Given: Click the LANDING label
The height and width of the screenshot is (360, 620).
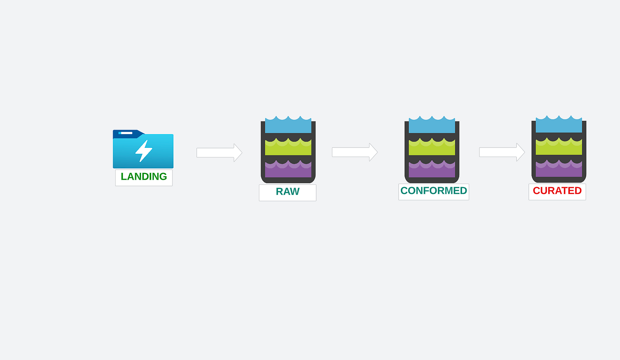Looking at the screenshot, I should pos(143,177).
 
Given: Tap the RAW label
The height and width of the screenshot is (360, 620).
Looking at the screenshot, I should pos(287,192).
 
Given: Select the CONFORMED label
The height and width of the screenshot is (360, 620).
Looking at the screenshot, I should pos(433,191).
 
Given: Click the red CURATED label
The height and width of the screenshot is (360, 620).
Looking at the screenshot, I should pos(557,191).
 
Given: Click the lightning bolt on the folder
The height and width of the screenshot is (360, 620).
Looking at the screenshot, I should pos(143,151).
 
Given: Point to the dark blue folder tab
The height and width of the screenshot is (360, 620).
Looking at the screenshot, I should pos(128,134).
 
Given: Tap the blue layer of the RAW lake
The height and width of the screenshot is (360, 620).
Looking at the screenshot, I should pos(288,126).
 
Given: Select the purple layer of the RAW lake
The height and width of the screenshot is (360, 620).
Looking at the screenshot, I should pos(288,170).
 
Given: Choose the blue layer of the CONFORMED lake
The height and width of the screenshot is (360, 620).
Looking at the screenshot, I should pos(431,126).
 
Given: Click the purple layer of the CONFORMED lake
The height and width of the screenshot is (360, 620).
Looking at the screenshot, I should pos(431,170).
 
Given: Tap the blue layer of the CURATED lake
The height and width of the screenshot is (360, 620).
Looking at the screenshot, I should pos(558,125).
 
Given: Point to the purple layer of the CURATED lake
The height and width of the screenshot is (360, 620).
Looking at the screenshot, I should pos(558,170).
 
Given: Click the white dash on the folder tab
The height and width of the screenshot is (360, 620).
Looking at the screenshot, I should pos(126,133).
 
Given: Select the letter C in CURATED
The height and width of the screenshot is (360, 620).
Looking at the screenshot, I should pos(537,191).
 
